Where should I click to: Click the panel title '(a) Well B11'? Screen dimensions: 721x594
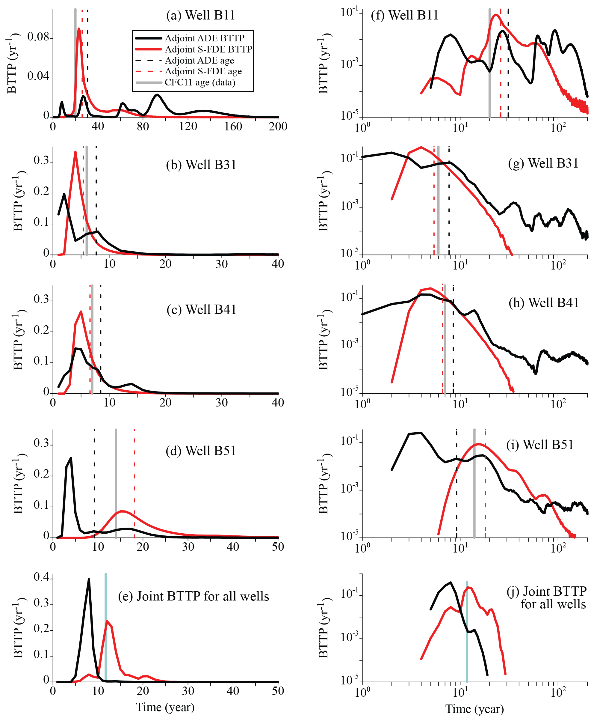[200, 15]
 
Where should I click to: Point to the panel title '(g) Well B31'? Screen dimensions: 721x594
[543, 163]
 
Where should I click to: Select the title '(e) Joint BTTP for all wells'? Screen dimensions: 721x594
[193, 596]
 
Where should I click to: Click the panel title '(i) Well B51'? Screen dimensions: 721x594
[539, 445]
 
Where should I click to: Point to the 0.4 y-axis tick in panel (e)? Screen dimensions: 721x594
[41, 577]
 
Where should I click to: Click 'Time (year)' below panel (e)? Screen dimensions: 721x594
[165, 707]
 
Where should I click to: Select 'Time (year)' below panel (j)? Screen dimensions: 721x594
[474, 709]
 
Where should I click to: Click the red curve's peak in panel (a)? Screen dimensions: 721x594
[79, 29]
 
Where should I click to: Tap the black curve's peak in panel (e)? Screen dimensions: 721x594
[89, 579]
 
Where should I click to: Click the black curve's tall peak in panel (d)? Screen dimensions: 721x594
[71, 458]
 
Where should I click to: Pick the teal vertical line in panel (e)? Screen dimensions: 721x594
[106, 627]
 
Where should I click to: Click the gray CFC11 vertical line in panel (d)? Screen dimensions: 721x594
[116, 479]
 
